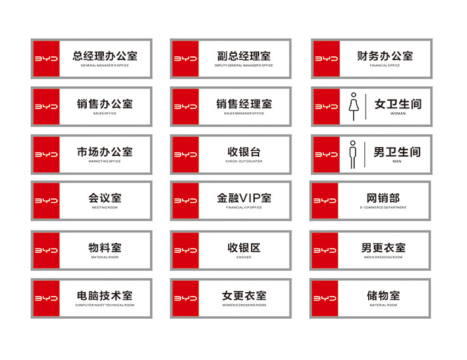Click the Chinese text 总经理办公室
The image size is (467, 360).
[105, 56]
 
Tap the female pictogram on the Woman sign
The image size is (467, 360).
[353, 106]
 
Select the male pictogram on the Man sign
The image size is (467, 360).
[353, 155]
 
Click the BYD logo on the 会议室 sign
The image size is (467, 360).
[46, 201]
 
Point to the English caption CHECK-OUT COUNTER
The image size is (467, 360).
[244, 161]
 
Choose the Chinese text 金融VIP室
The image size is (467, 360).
[244, 198]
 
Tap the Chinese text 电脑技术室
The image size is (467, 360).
[105, 295]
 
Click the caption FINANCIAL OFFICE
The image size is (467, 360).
[385, 65]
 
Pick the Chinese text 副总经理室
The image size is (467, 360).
[244, 56]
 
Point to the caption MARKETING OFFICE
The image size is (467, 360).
[105, 161]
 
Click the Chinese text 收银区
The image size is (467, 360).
[244, 247]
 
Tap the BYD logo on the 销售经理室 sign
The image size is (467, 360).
[185, 106]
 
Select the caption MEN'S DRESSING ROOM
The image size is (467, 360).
[383, 257]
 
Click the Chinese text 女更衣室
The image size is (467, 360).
[244, 295]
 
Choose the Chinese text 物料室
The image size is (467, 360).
[105, 247]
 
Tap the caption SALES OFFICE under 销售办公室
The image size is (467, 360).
[105, 113]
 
